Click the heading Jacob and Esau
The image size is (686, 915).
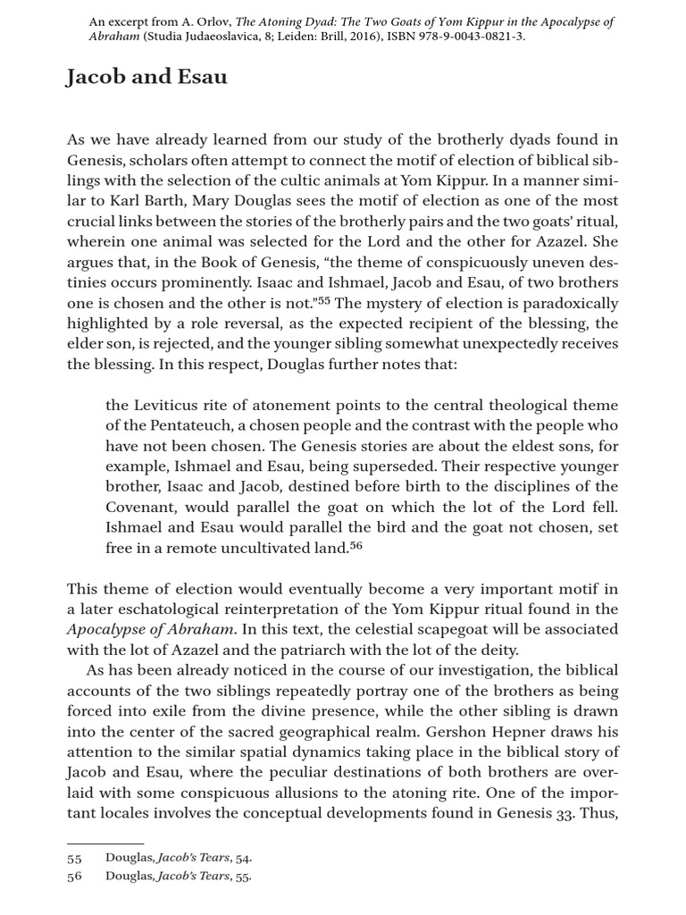[x=146, y=78]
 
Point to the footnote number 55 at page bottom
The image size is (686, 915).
[x=74, y=859]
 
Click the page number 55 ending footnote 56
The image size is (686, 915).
[x=242, y=877]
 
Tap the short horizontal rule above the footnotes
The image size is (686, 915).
[x=105, y=843]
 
